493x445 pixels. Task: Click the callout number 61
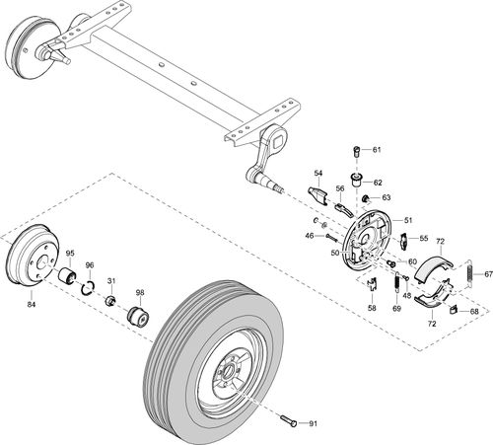pyautogui.click(x=376, y=149)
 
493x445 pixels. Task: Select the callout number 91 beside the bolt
pyautogui.click(x=313, y=424)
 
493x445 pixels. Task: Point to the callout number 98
pyautogui.click(x=140, y=293)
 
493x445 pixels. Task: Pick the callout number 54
pyautogui.click(x=319, y=173)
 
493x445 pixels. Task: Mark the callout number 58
pyautogui.click(x=372, y=309)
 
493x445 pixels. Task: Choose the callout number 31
pyautogui.click(x=111, y=281)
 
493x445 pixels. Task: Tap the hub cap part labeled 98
pyautogui.click(x=137, y=319)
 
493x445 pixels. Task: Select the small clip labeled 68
pyautogui.click(x=453, y=310)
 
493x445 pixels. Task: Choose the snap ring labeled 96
pyautogui.click(x=88, y=287)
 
